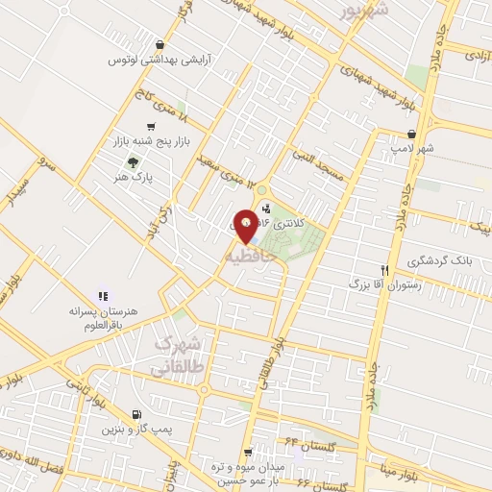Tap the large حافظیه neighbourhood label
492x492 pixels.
point(257,258)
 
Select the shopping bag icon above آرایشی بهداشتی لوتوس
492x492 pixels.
point(160,45)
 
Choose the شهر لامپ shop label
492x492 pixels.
point(412,149)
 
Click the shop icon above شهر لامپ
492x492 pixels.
point(411,135)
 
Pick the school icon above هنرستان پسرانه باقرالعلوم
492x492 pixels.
point(103,296)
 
